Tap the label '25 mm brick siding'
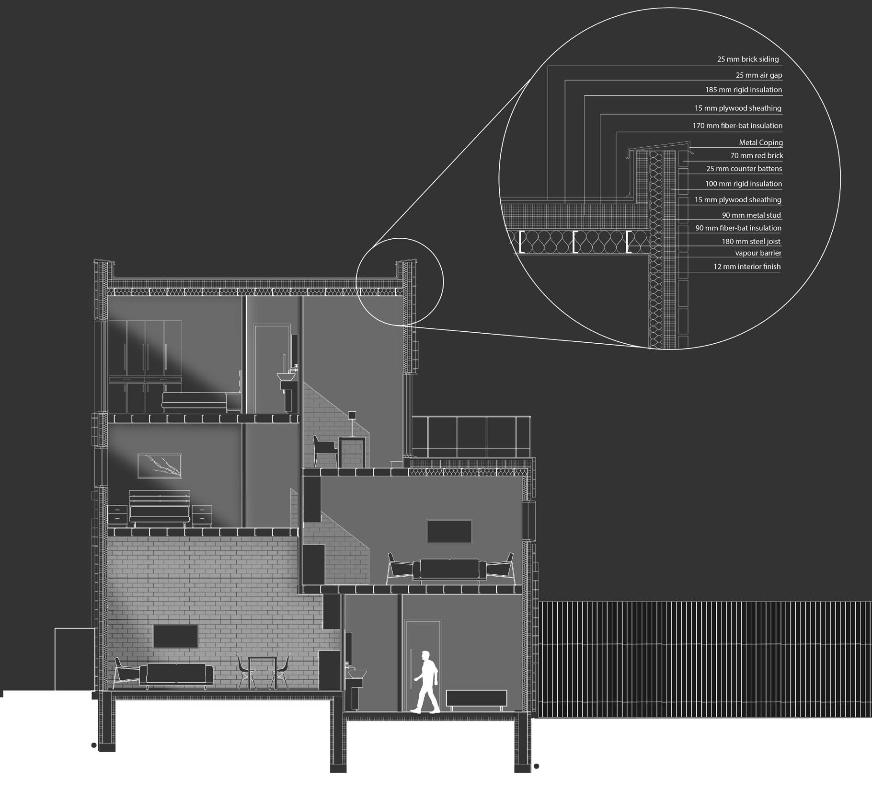[x=747, y=59]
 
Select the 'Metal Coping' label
[x=760, y=142]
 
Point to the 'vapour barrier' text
[x=758, y=253]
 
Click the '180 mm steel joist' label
[x=751, y=242]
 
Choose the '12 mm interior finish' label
[x=746, y=267]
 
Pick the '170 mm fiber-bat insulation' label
[x=737, y=126]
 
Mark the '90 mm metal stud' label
[x=751, y=215]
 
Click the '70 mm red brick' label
[x=757, y=155]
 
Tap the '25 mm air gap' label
[x=758, y=75]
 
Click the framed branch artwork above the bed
[x=160, y=466]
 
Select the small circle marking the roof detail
[x=400, y=282]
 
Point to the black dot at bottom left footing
[x=94, y=745]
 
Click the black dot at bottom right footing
[x=537, y=766]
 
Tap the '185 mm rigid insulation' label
[x=743, y=90]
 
